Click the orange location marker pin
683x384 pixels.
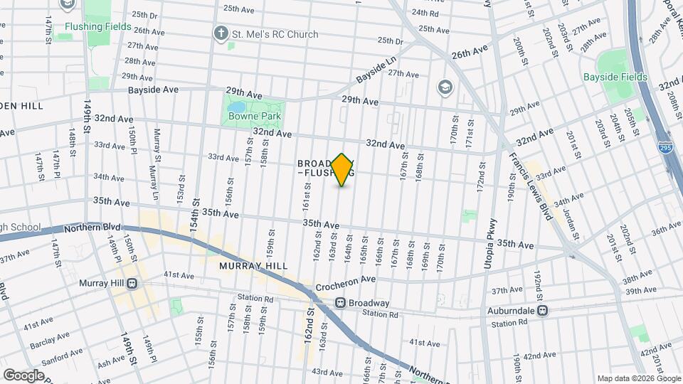click(342, 170)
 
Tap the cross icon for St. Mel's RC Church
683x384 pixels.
click(222, 33)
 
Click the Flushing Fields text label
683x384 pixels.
click(97, 26)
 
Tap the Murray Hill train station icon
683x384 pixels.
click(132, 282)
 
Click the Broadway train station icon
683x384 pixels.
click(341, 302)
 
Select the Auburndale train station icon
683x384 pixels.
click(543, 310)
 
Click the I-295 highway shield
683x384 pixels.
click(663, 148)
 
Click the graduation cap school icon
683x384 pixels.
click(445, 87)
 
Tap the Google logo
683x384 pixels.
click(23, 375)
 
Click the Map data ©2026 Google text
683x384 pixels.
click(637, 378)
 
